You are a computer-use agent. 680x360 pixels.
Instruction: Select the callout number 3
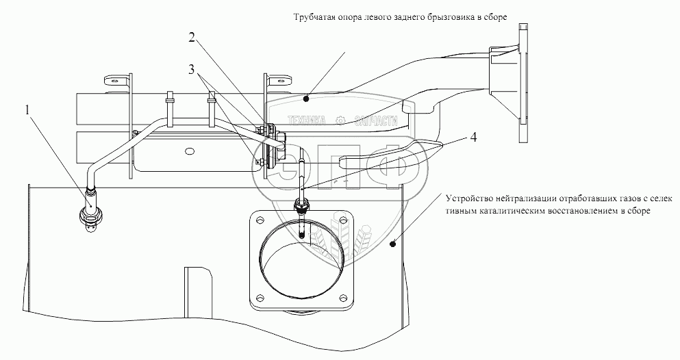pos(193,69)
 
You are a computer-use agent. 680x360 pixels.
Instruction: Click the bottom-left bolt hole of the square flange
pos(259,296)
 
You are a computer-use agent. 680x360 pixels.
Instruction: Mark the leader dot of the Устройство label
pos(393,242)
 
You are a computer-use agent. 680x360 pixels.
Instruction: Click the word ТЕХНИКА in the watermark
pos(307,120)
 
